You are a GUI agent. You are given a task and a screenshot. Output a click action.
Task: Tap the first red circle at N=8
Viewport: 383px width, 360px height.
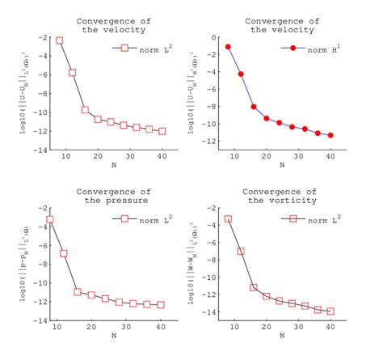coord(228,47)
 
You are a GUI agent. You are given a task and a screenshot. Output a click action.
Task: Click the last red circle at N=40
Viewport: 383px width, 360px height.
coord(330,135)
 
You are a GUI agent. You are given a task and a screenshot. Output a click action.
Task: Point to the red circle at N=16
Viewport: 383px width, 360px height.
coord(254,107)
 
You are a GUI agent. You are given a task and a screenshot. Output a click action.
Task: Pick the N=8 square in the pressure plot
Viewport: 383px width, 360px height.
coord(50,219)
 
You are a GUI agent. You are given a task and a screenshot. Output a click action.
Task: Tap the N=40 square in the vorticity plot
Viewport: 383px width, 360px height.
coord(330,311)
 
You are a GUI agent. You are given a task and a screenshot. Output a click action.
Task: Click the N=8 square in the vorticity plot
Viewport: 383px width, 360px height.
coord(228,219)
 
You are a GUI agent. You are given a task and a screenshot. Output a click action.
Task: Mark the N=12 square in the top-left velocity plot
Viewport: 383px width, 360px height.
coord(72,73)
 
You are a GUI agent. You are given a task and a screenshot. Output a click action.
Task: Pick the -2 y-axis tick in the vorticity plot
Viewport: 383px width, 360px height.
coord(213,208)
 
